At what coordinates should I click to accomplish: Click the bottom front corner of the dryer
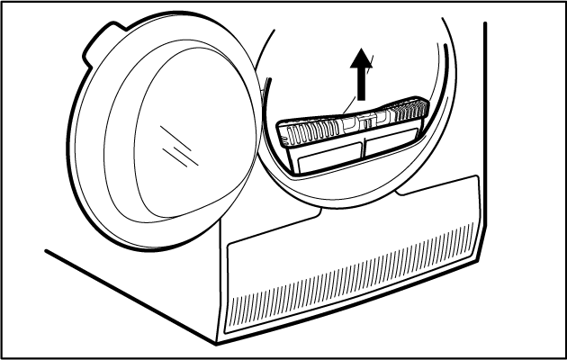(x=219, y=343)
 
